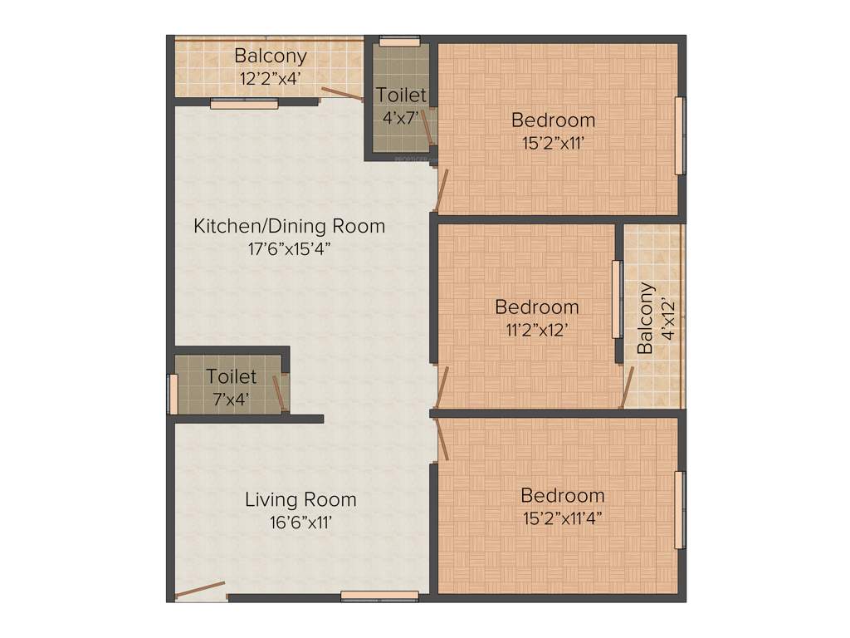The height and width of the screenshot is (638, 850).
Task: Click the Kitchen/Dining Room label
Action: point(289,225)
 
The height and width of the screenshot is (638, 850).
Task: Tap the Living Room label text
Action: point(300,499)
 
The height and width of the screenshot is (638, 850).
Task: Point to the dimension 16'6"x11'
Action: point(300,523)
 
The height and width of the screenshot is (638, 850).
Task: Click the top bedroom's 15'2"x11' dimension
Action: point(553,142)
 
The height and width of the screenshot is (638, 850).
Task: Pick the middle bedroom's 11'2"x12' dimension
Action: point(536,330)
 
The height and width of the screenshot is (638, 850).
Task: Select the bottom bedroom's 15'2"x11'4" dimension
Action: point(562,518)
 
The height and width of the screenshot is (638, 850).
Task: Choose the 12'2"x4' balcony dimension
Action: point(270,80)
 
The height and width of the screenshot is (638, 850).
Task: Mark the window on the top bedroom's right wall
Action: point(679,135)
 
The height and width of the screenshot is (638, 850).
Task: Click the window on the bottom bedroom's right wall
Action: point(679,510)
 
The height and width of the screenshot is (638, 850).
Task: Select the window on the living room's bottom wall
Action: point(379,596)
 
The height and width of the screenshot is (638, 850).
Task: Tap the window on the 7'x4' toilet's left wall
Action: point(173,394)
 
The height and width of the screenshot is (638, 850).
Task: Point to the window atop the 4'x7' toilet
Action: point(399,40)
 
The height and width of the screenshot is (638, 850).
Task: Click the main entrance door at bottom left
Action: point(200,591)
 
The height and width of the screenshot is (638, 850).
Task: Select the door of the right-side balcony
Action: point(628,387)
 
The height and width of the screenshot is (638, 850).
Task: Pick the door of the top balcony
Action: point(342,93)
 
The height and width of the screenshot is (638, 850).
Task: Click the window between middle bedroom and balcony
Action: point(617,299)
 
